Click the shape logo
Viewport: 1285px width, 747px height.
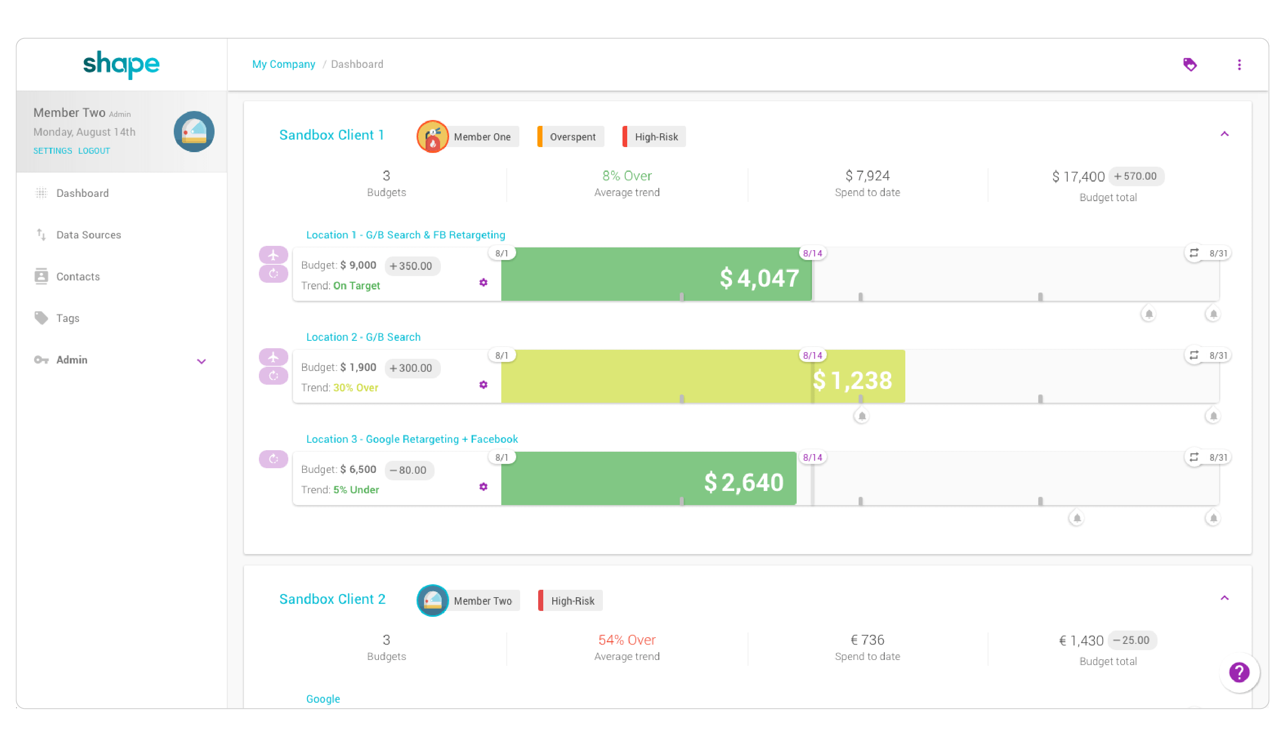(121, 64)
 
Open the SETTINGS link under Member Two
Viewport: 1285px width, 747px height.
(53, 151)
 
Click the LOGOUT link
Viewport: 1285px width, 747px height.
(94, 151)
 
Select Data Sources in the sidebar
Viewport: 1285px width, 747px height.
(88, 235)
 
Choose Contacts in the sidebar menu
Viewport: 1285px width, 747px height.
(78, 277)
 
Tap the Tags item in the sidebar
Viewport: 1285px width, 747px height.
(67, 318)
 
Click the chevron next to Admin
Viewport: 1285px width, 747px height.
(202, 361)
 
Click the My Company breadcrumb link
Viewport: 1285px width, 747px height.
(284, 64)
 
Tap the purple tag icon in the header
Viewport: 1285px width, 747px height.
(1190, 65)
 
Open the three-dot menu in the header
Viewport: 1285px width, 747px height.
(1239, 65)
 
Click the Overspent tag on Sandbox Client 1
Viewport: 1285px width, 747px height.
(572, 136)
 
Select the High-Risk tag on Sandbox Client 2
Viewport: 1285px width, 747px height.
(572, 601)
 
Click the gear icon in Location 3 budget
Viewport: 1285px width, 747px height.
(483, 487)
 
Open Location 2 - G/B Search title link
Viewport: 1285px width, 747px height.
(363, 337)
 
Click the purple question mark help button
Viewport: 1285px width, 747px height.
(1239, 672)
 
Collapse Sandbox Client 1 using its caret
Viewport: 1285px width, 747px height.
(1224, 134)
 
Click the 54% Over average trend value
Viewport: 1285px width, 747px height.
(627, 640)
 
